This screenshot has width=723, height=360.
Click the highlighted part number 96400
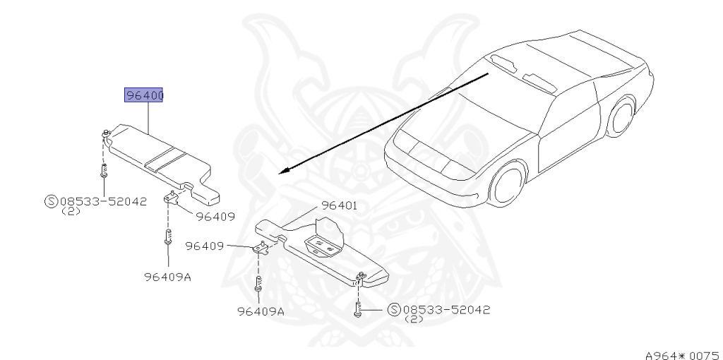(x=144, y=95)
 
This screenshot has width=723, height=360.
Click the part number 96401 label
(x=340, y=205)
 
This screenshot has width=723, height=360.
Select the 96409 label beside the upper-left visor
(x=215, y=217)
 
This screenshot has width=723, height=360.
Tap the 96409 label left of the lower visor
(x=205, y=246)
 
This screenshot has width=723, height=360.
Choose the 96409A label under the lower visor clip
(x=261, y=311)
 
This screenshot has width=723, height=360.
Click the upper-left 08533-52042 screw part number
(x=102, y=200)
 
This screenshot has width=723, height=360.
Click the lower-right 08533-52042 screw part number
(x=446, y=309)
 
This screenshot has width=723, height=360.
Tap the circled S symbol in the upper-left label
(x=51, y=200)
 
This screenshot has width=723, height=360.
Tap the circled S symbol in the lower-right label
(x=394, y=309)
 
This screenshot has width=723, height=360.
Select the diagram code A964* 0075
(x=681, y=347)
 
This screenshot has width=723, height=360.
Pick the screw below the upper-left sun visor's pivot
(x=103, y=171)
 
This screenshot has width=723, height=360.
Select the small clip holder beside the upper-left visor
(x=172, y=197)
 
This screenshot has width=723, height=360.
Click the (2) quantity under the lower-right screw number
(x=413, y=319)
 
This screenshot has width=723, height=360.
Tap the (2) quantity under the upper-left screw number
(x=70, y=210)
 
